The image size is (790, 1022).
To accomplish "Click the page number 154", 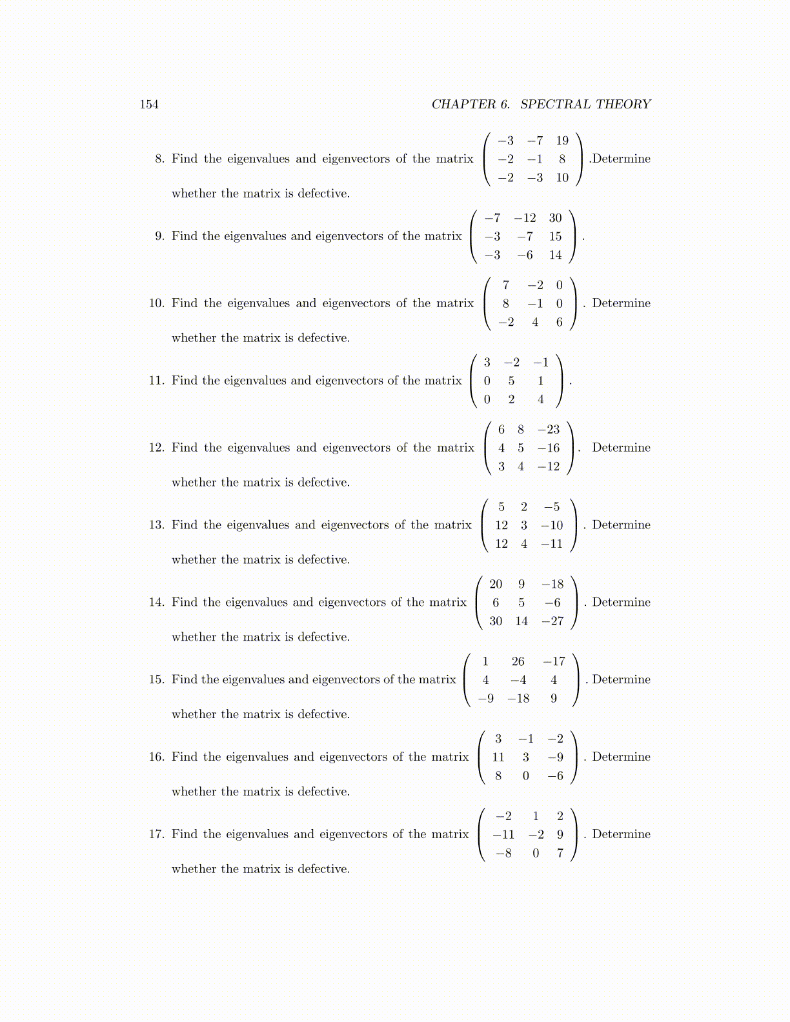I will coord(149,105).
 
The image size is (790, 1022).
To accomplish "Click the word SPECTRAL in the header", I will coord(555,105).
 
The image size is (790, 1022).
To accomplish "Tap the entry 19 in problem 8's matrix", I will coord(562,141).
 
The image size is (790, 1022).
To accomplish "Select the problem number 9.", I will coord(159,236).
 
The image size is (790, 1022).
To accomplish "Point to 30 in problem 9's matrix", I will coord(555,218).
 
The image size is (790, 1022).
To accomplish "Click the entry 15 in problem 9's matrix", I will coord(555,237).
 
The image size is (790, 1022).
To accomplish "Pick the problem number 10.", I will coord(156,303).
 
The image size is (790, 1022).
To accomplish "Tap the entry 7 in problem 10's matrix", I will coord(505,285).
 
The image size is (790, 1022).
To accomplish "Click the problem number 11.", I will coord(156,381).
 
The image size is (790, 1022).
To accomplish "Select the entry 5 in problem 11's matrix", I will coord(511,381).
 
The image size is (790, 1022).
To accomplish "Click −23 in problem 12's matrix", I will coord(549,430).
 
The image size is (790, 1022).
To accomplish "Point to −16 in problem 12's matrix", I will coord(549,448).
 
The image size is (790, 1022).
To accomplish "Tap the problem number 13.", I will coord(156,525).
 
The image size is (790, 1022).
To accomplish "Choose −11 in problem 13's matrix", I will coord(552,544).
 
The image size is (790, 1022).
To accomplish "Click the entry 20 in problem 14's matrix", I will coord(496,585).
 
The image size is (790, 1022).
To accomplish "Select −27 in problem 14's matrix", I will coord(552,621).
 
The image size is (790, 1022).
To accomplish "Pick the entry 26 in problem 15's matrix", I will coord(518,662).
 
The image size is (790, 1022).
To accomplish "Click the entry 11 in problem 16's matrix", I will coord(498,757).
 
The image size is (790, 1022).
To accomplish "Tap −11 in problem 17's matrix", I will coord(503,835).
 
